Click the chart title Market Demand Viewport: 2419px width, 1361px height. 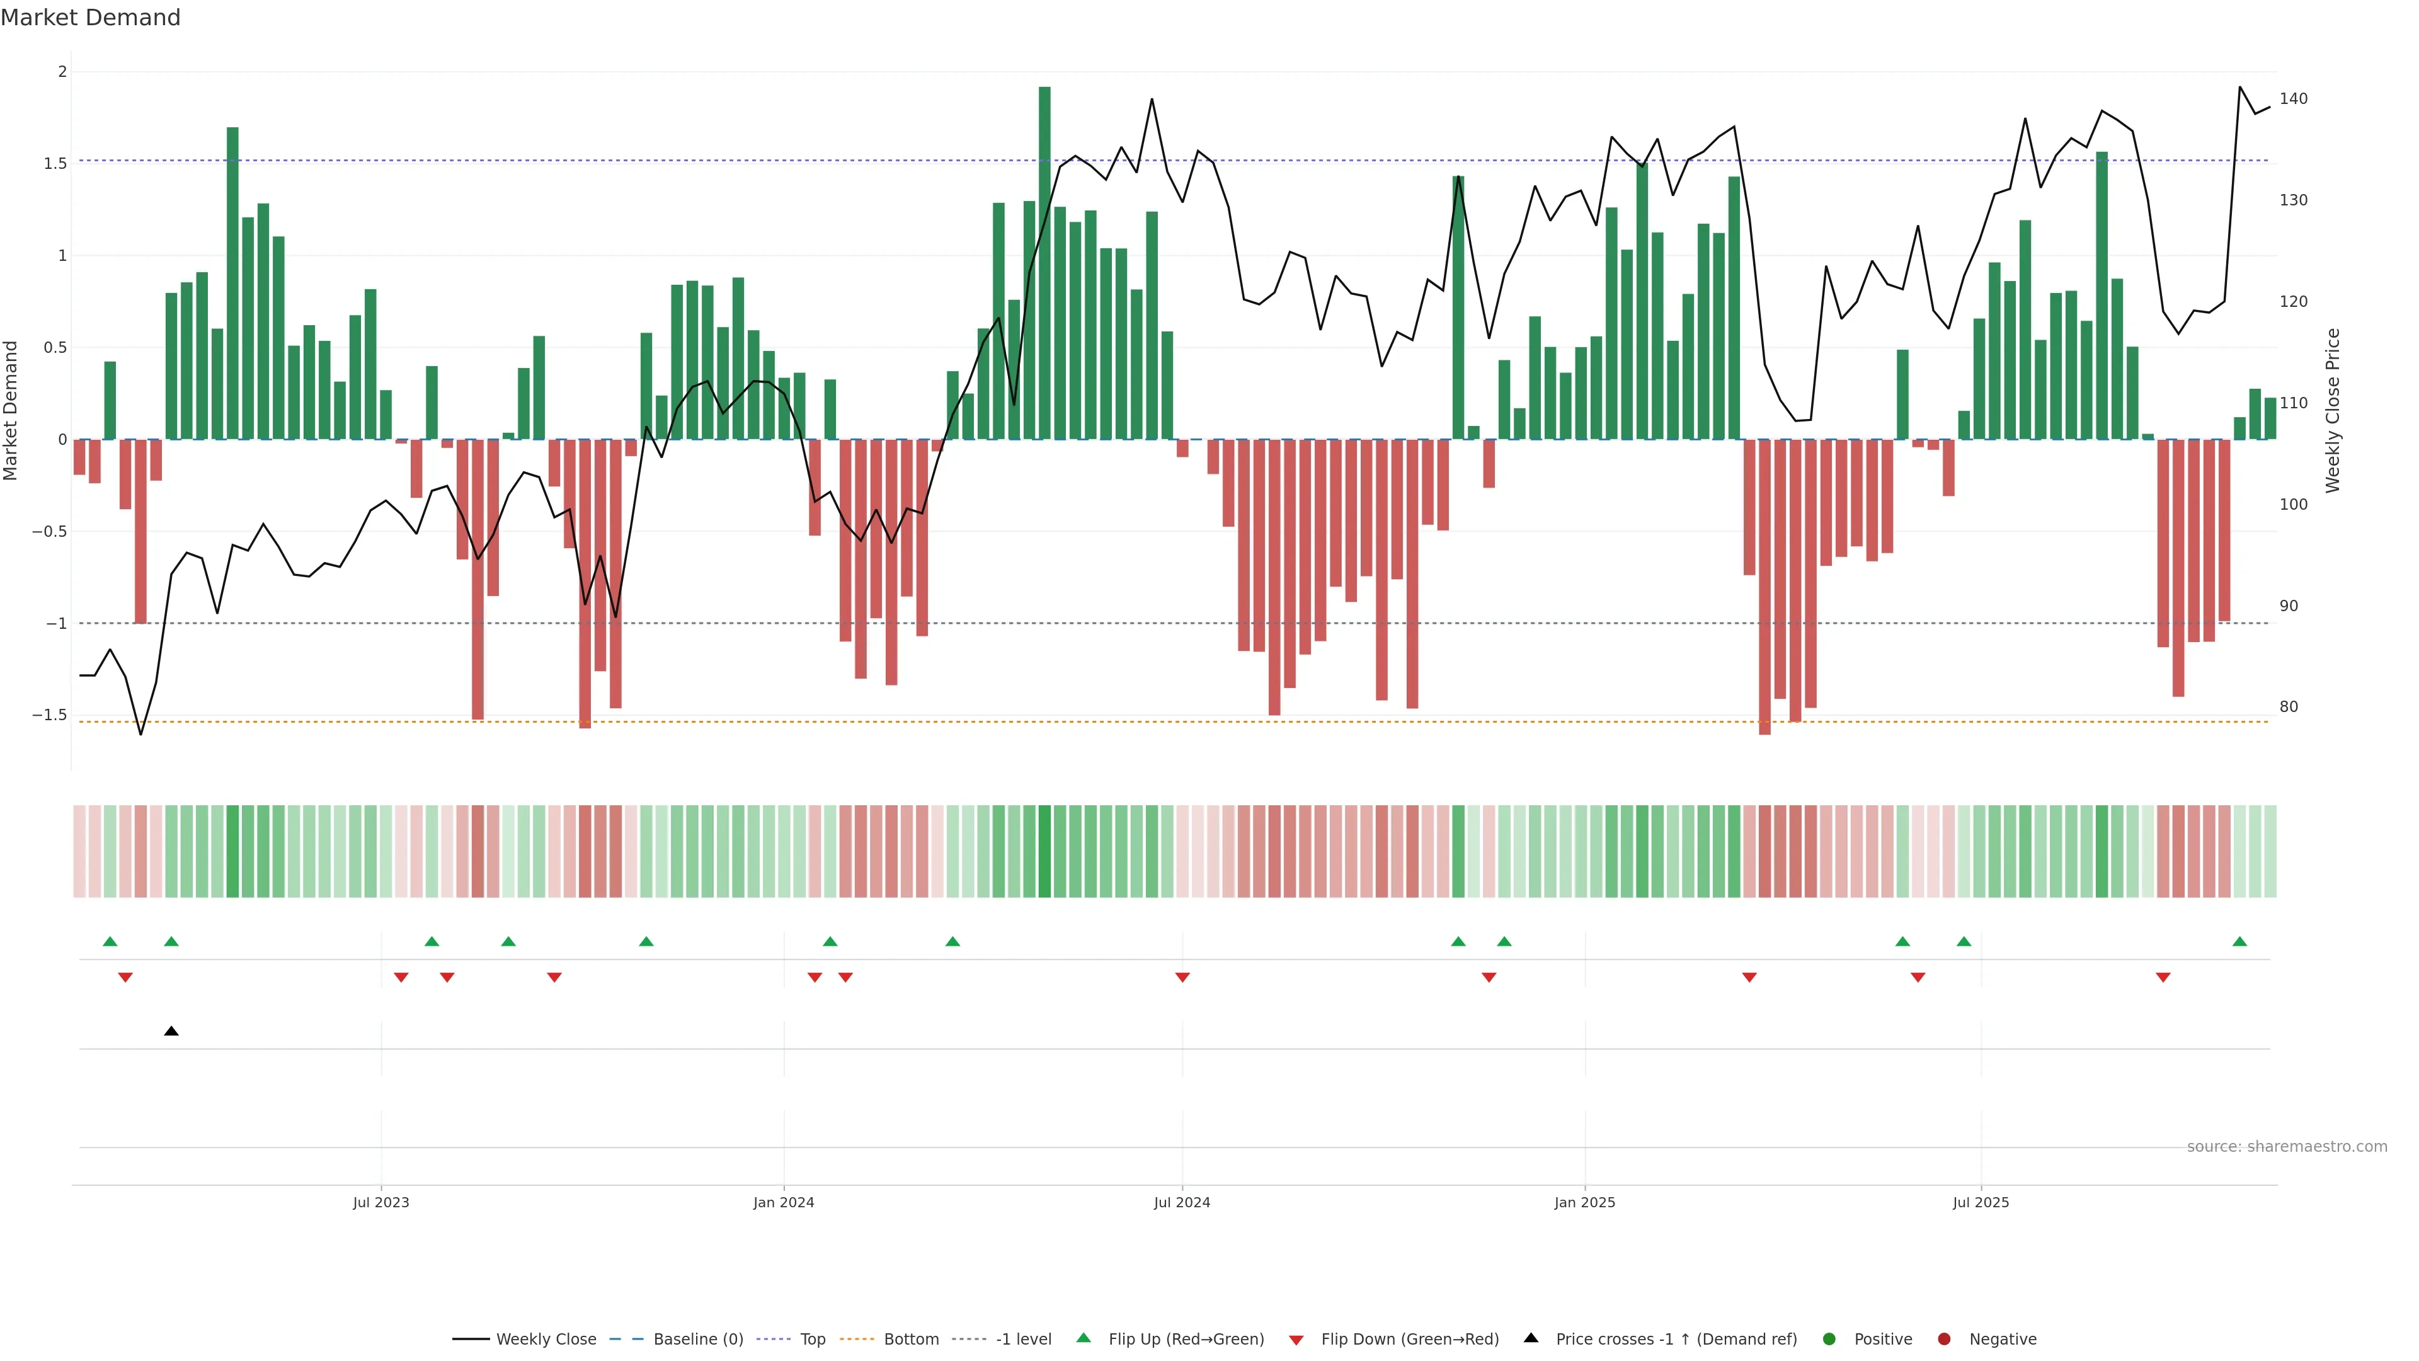(90, 18)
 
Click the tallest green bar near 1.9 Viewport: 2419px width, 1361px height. (1044, 263)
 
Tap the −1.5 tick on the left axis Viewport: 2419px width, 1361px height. (50, 715)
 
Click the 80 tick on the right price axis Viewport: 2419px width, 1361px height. (2289, 707)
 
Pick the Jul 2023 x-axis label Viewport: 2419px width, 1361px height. (380, 1202)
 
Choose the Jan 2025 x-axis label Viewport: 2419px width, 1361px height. (1584, 1202)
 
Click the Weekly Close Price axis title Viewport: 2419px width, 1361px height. (2333, 410)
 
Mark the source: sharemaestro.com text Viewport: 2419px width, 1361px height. (2287, 1147)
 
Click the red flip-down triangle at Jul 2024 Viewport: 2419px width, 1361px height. (1182, 978)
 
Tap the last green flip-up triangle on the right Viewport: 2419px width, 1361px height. (2239, 941)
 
